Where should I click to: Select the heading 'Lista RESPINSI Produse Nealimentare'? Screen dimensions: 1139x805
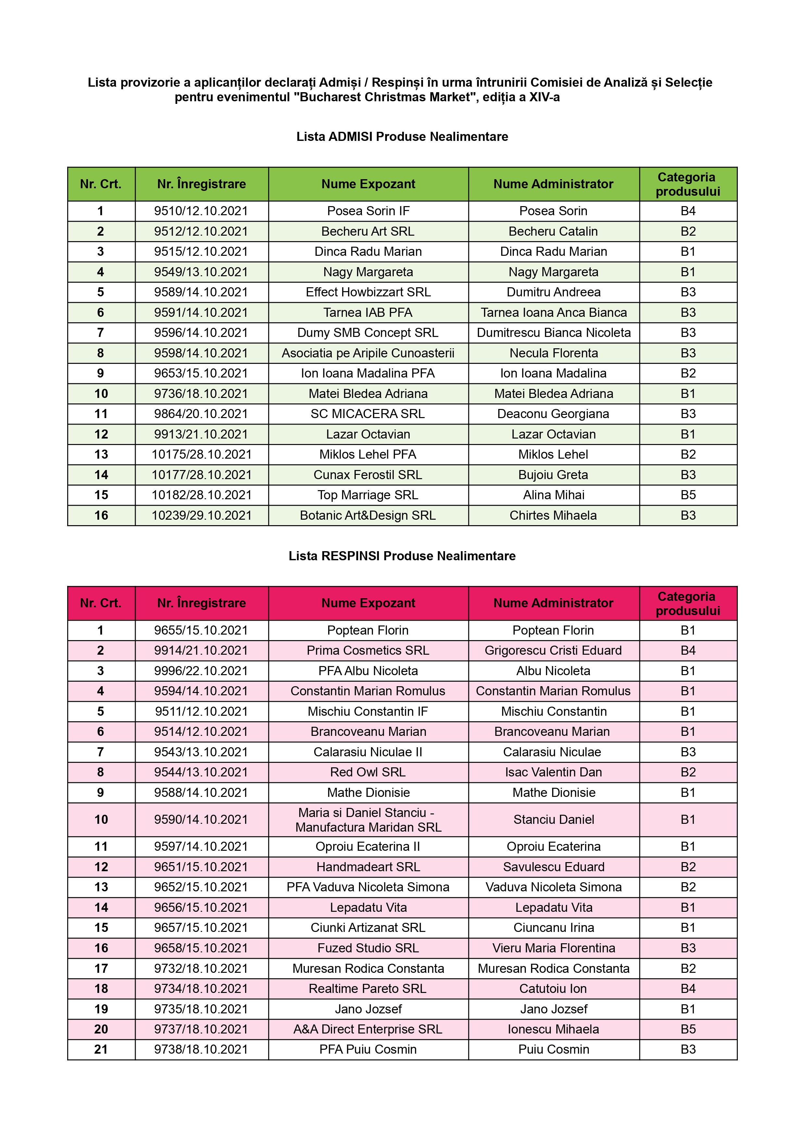[402, 556]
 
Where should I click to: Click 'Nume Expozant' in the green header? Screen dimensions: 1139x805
[368, 184]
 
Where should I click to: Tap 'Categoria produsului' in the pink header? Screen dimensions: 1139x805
[687, 603]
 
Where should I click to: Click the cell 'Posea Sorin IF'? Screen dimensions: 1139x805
[368, 211]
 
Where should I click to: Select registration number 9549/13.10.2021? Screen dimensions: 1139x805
[201, 272]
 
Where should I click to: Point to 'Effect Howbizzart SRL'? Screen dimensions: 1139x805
[368, 292]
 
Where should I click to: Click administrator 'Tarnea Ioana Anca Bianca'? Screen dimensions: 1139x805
[553, 313]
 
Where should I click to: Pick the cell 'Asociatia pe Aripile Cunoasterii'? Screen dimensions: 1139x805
[368, 353]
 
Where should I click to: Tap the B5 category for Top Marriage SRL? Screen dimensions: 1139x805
[688, 495]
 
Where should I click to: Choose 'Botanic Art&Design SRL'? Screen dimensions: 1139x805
[368, 515]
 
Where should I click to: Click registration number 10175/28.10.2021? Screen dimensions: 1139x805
[201, 454]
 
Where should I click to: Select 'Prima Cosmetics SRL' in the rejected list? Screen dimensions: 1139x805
[368, 650]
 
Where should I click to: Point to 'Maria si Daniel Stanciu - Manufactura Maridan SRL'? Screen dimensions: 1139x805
[368, 820]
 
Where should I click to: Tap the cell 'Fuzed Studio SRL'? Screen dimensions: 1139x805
[368, 948]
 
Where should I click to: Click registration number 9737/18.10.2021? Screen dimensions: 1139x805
[201, 1029]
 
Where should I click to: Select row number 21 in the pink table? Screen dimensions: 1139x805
[101, 1050]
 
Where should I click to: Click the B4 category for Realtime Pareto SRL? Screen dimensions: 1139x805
[688, 989]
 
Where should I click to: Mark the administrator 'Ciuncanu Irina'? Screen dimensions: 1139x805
[553, 928]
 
